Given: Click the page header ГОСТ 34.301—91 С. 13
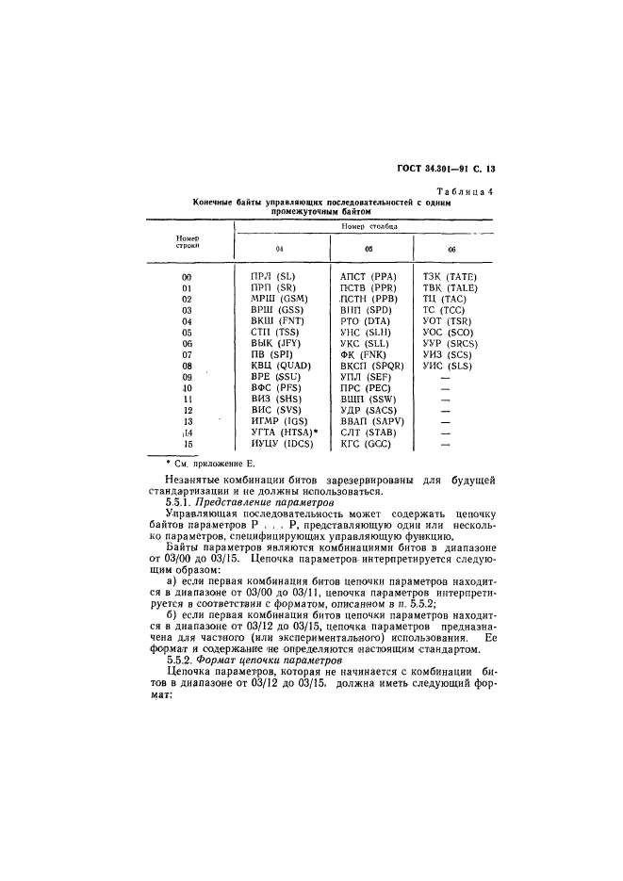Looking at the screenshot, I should (x=449, y=170).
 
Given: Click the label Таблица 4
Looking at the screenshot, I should (x=465, y=192).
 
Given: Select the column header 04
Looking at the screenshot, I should (x=279, y=248).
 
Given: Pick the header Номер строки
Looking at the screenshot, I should (x=186, y=242).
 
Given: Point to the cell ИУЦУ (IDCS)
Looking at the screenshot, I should (x=281, y=443).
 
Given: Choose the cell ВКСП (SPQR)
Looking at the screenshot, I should (x=373, y=365).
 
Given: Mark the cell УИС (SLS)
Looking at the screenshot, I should (x=448, y=365).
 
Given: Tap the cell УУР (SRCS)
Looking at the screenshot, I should (x=451, y=343).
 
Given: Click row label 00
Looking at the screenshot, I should (x=186, y=276).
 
